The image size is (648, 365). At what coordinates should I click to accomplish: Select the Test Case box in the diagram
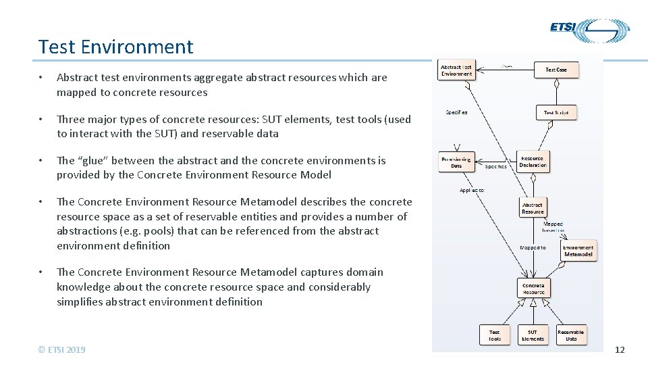point(556,69)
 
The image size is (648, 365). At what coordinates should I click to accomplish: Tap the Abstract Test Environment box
point(456,70)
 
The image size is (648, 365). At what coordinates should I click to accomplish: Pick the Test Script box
point(556,112)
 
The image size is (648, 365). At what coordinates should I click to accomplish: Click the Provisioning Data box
point(456,162)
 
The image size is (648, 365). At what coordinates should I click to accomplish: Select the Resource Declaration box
point(533,162)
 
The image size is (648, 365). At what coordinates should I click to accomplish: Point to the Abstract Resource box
point(533,208)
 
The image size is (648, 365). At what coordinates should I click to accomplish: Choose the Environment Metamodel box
point(578,251)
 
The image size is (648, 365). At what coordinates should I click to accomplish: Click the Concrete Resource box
point(533,289)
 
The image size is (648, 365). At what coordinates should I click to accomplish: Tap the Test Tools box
point(495,335)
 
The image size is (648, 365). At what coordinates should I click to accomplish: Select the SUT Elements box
point(533,335)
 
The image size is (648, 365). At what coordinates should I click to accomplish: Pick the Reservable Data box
point(571,335)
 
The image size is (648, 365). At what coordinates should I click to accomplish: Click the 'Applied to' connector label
point(472,191)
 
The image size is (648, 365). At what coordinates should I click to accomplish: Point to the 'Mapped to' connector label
point(533,247)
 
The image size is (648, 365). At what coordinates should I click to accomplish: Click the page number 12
point(620,349)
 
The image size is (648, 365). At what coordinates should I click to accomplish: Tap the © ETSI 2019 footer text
point(62,349)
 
